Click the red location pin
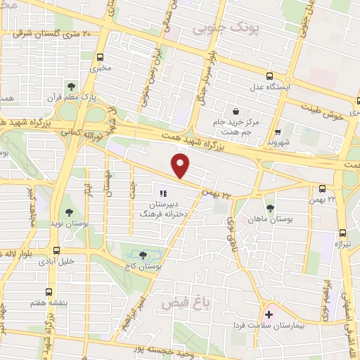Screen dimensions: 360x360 (181, 166)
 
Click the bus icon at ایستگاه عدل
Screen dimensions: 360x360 (269, 77)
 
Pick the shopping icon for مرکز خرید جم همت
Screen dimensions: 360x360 (235, 110)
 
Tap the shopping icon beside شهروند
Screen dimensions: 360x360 (278, 131)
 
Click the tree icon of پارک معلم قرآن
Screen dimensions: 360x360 (70, 86)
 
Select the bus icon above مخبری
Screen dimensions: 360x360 (101, 57)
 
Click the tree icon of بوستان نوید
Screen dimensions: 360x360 (69, 212)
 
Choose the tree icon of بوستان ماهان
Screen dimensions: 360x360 (270, 207)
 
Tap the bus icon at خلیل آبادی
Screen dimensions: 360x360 (56, 250)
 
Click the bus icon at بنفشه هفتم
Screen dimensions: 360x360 (49, 291)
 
